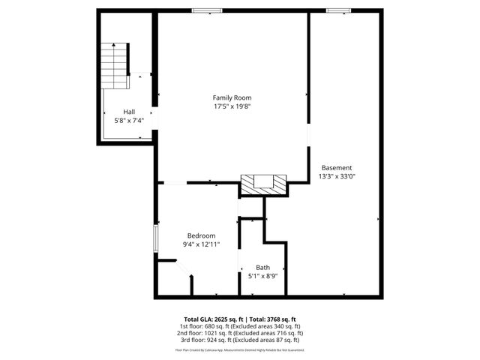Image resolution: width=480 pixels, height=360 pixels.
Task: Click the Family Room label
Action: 232,97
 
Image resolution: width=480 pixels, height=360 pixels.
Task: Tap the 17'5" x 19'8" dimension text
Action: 232,106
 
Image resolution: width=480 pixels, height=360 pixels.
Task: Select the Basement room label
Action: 337,167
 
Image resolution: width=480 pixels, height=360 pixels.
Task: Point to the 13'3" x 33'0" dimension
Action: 337,176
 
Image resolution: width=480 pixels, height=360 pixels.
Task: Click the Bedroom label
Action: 201,235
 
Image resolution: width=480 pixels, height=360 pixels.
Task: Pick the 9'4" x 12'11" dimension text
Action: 201,244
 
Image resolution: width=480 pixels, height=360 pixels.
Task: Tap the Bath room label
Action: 262,268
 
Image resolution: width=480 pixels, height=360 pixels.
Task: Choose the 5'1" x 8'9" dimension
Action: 262,276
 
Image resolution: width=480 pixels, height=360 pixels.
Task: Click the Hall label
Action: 129,112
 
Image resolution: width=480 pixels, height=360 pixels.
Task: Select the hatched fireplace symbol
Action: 263,184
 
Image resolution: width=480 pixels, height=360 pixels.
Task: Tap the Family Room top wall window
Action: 206,10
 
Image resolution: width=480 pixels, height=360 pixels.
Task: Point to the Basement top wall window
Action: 338,10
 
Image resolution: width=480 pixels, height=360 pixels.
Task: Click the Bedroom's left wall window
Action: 156,239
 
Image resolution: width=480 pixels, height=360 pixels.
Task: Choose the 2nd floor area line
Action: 240,332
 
